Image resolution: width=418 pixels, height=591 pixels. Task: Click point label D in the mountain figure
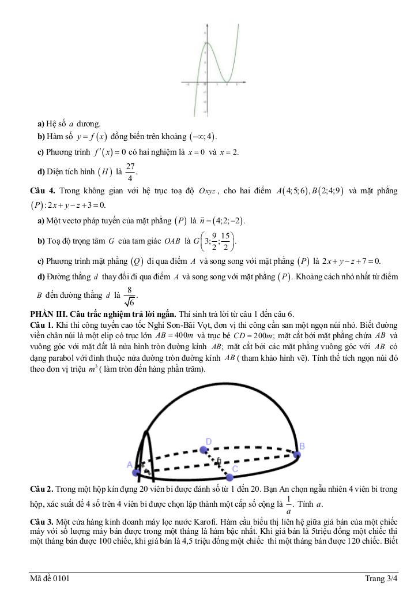209,441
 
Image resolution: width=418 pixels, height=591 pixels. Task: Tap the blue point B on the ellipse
296,454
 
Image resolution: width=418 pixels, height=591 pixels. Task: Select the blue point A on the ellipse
136,473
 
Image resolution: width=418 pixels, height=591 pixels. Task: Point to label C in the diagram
235,469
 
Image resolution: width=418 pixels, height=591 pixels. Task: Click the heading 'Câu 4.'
42,191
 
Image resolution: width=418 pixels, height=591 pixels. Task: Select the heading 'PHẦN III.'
49,314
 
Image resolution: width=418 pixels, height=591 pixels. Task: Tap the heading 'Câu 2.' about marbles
42,489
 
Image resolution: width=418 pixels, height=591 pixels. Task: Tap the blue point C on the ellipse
230,477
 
